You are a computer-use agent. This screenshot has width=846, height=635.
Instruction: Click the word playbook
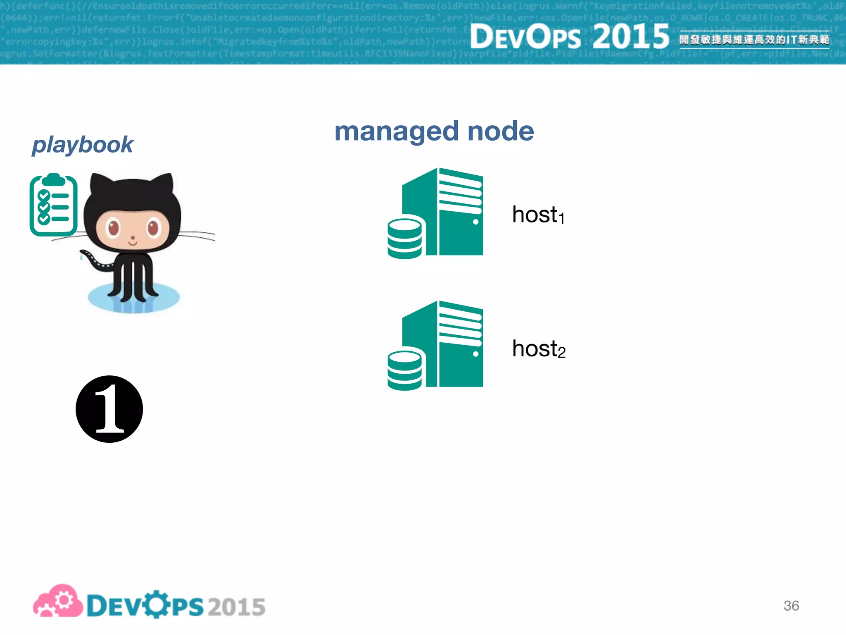point(83,145)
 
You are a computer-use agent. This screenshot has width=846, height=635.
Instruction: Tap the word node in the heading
point(500,131)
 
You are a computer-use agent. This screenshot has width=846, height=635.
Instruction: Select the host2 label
point(538,349)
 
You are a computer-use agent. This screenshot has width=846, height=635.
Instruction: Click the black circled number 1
point(109,409)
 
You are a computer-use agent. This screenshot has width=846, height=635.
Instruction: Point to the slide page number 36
point(791,606)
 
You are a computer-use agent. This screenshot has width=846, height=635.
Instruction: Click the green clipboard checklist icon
point(53,205)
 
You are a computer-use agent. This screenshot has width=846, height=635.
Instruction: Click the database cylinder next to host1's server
point(404,239)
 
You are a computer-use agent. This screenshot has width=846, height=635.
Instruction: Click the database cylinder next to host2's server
point(404,370)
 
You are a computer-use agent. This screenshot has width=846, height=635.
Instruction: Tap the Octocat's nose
point(133,238)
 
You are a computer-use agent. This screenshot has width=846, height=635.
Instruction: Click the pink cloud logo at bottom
point(58,602)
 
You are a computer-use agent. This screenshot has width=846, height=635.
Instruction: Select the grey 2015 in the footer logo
point(236,607)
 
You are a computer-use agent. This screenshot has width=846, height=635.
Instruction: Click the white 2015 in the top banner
point(631,36)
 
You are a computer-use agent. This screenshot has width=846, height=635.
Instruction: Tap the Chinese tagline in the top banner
point(754,40)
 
